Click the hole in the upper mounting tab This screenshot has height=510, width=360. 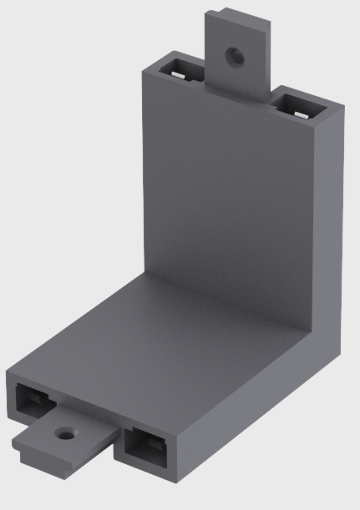[x=236, y=57]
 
